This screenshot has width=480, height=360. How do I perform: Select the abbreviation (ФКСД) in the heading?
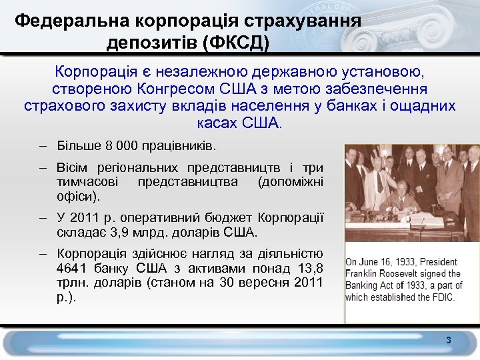pyautogui.click(x=237, y=43)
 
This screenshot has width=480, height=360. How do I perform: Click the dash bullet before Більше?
pyautogui.click(x=42, y=145)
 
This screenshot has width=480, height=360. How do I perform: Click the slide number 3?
pyautogui.click(x=449, y=341)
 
